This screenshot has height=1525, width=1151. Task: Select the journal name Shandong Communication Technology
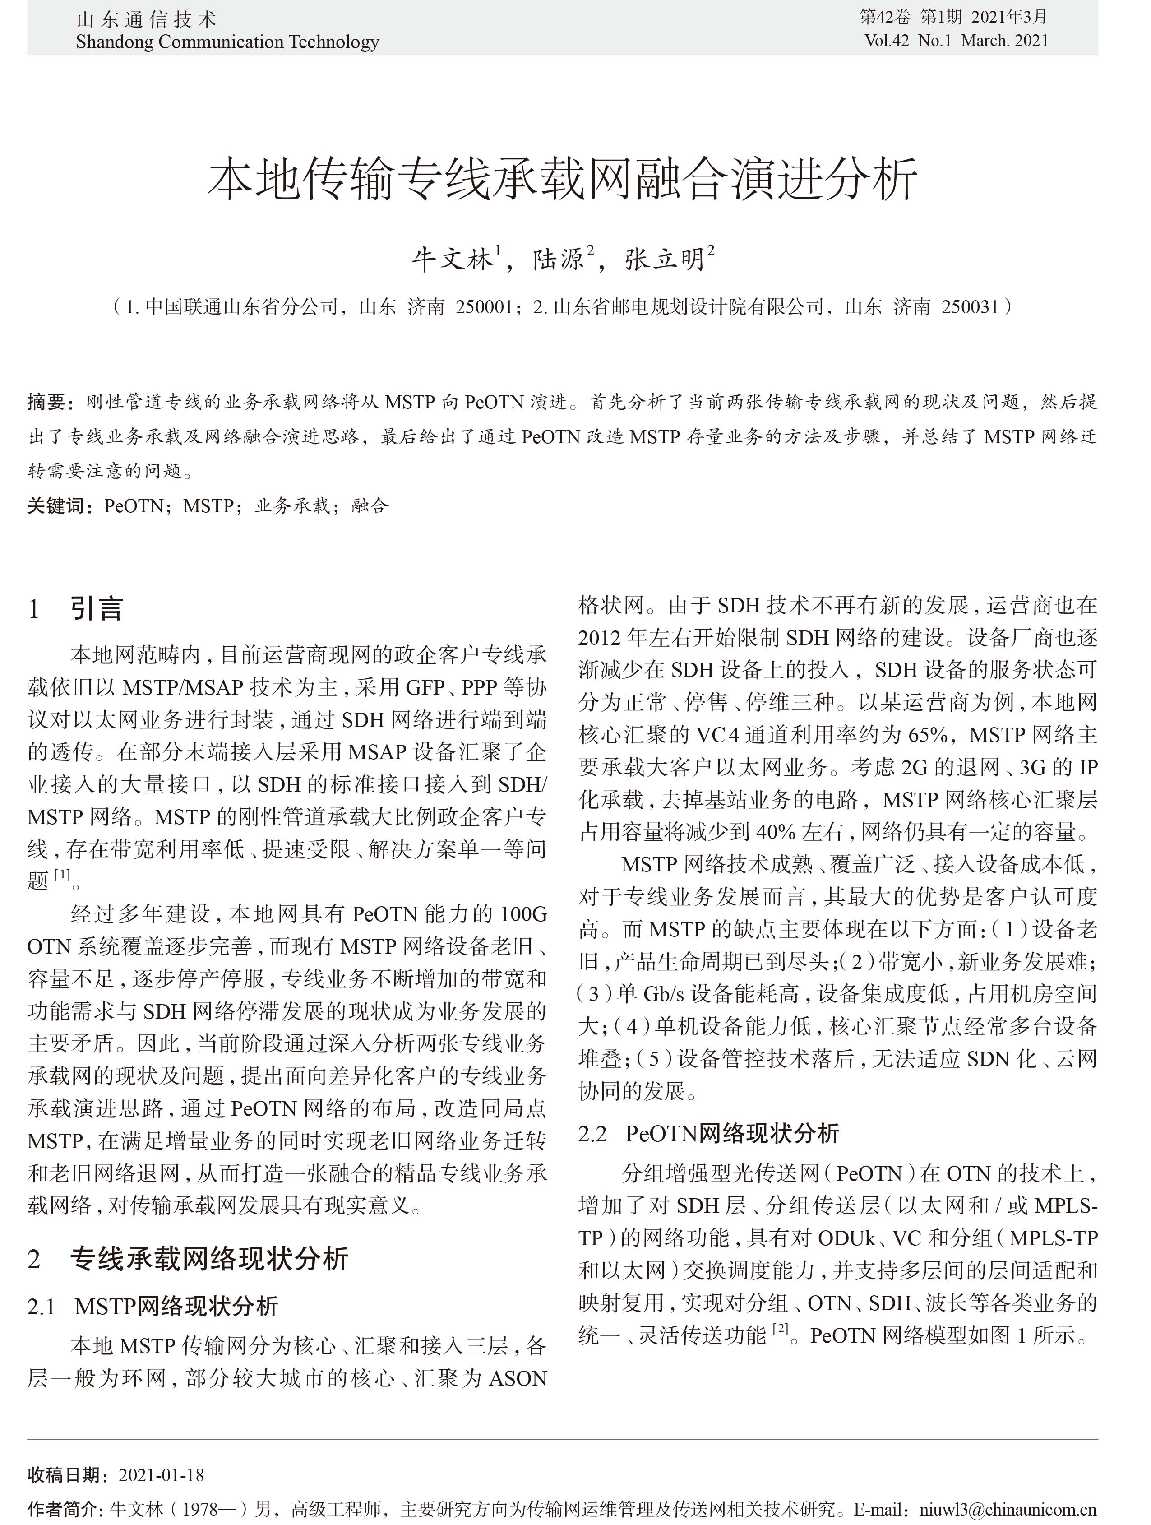coord(227,42)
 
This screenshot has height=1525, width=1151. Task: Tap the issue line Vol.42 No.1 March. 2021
coord(956,41)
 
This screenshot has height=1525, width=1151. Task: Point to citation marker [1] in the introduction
coord(62,875)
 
